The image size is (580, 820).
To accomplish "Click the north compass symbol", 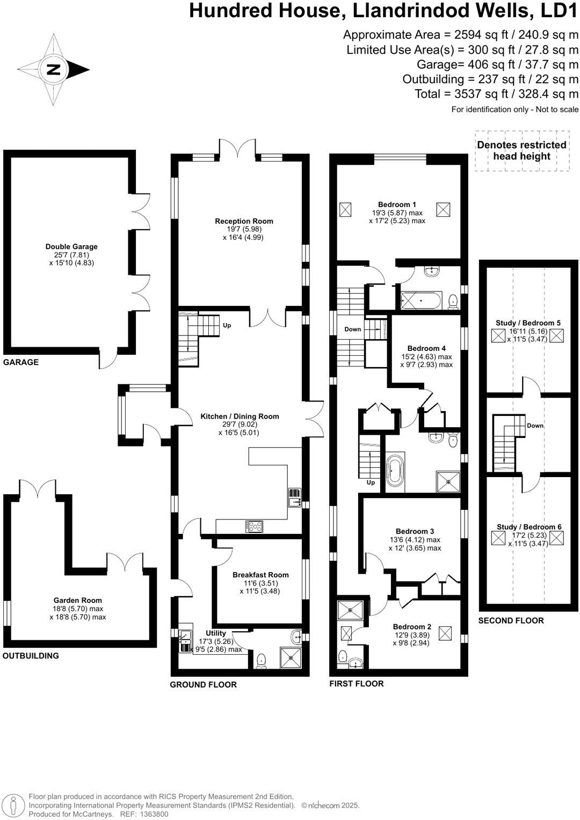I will [x=54, y=69].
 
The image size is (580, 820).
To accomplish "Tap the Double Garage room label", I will [x=71, y=247].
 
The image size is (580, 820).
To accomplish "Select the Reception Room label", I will [x=244, y=221].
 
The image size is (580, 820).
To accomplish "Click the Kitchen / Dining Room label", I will [x=240, y=416].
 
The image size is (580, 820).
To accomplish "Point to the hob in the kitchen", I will [x=255, y=526].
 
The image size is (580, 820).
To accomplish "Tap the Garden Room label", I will [x=77, y=601].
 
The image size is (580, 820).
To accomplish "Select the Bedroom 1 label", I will [x=397, y=204].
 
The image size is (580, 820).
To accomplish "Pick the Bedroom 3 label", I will [x=415, y=532].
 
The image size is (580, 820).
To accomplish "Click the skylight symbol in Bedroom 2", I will [x=445, y=633].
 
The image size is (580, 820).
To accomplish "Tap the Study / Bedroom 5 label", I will [x=528, y=323].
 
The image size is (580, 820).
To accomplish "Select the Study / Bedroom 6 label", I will [x=529, y=527].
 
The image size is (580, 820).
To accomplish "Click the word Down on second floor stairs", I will [x=535, y=426].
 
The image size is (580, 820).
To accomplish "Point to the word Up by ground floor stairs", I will [x=227, y=325].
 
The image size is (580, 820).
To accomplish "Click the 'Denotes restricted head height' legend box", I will [x=521, y=151].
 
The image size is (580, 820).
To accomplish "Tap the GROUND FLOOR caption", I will [x=203, y=684].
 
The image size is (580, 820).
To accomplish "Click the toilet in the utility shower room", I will [x=262, y=660].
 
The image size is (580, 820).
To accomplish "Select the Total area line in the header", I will [x=496, y=94].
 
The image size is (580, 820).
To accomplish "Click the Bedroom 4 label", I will [x=426, y=348].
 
